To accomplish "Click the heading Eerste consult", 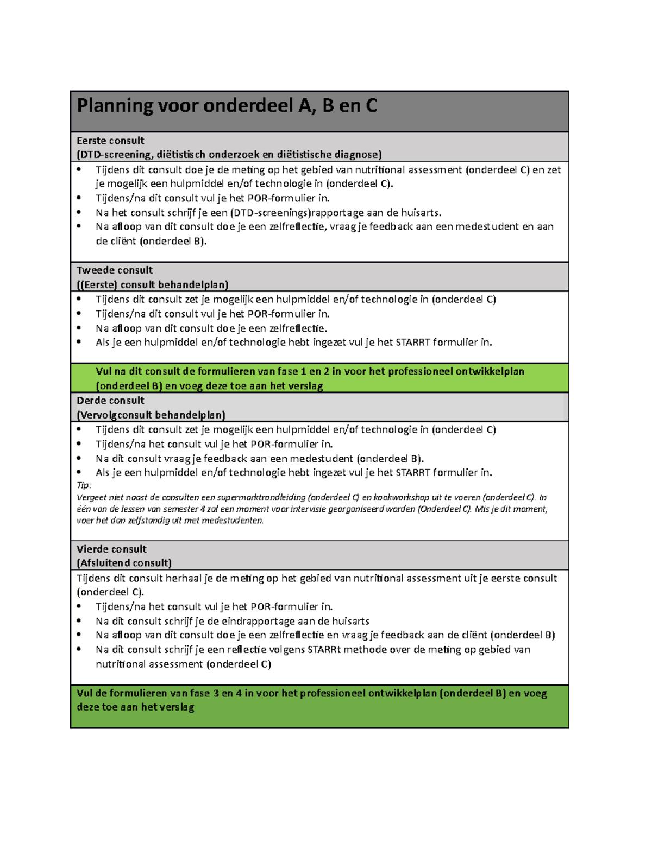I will point(110,141).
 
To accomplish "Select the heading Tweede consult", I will point(115,270).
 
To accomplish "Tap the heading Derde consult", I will point(110,401).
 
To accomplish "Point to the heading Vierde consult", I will point(111,549).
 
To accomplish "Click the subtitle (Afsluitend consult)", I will point(124,563).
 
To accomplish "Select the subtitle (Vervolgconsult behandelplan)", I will point(151,415).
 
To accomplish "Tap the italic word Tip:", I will point(84,485).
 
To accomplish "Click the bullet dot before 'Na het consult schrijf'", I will point(79,212).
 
